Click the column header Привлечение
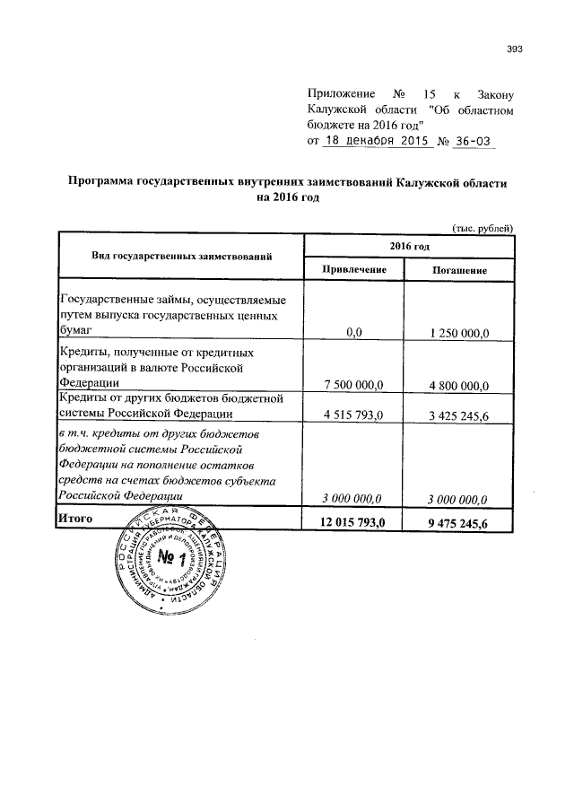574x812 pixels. [354, 269]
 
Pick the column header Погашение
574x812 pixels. [459, 269]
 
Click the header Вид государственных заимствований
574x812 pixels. [182, 257]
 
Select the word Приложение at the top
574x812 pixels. [340, 93]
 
